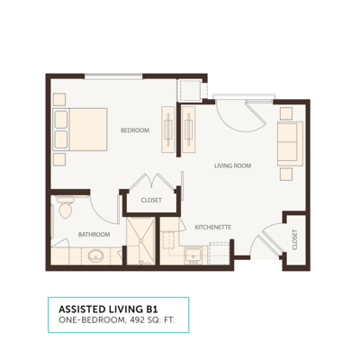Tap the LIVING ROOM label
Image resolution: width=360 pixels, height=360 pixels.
pyautogui.click(x=231, y=166)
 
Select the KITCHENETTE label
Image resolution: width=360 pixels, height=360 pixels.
pyautogui.click(x=213, y=228)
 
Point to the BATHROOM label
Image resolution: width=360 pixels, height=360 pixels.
pyautogui.click(x=94, y=234)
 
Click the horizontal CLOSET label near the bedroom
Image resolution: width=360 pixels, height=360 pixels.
pyautogui.click(x=151, y=200)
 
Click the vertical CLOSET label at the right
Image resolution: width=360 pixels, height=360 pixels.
pyautogui.click(x=294, y=238)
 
